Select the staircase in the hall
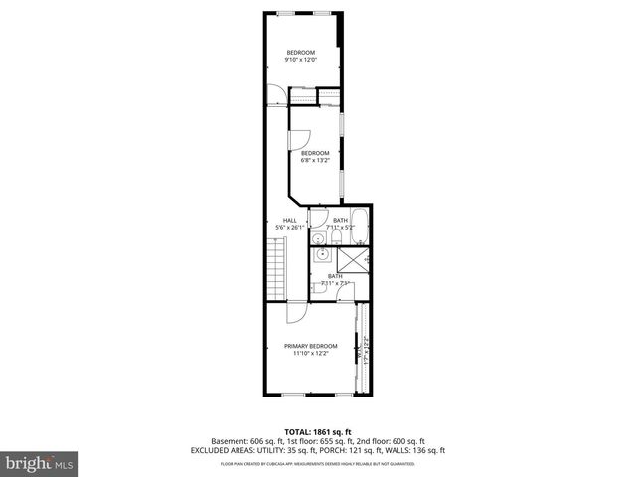click(276, 272)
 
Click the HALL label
click(289, 220)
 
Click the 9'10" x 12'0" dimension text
click(301, 60)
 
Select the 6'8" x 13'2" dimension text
click(315, 160)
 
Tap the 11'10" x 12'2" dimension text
click(312, 354)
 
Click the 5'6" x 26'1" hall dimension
click(290, 228)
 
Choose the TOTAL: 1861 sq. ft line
click(317, 431)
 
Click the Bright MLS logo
click(40, 462)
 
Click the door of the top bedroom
click(274, 95)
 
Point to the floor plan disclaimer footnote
click(317, 463)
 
